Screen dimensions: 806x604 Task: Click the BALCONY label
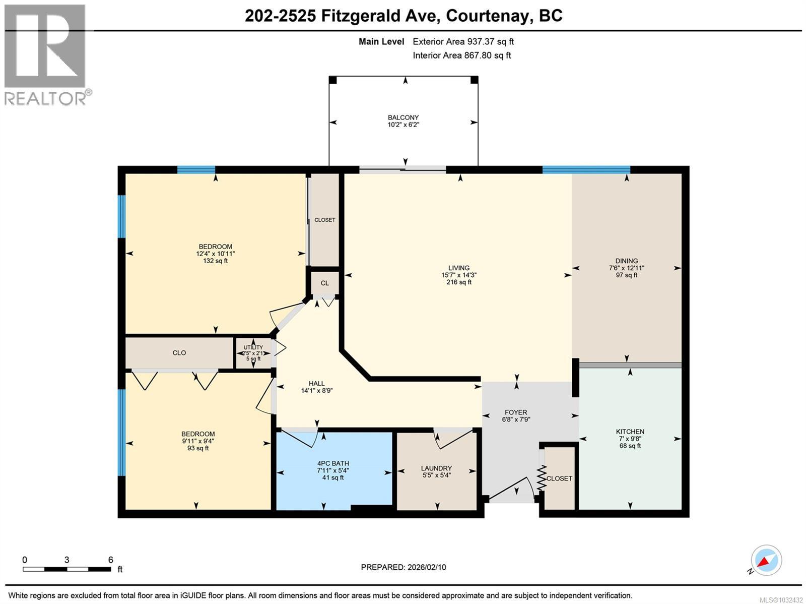coord(403,117)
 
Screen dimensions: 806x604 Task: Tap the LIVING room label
coord(458,268)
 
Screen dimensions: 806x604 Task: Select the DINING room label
coord(627,261)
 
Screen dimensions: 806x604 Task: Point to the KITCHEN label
coord(630,432)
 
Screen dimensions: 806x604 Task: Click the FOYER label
coord(516,412)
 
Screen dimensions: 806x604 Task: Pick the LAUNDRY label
coord(436,468)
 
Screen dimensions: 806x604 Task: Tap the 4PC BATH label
coord(333,463)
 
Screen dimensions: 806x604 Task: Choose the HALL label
coord(316,383)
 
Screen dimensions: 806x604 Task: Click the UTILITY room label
coord(253,347)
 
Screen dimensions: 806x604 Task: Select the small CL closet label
coord(324,283)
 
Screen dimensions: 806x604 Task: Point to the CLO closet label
coord(179,353)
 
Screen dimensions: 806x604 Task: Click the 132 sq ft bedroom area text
coord(216,261)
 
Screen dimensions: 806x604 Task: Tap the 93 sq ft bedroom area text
coord(198,448)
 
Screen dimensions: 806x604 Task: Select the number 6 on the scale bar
coord(110,560)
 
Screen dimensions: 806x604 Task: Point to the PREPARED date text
coord(403,567)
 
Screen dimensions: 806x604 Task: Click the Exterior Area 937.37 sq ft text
coord(463,41)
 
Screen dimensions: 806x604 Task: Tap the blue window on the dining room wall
coord(586,169)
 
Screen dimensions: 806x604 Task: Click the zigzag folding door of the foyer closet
coord(542,477)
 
